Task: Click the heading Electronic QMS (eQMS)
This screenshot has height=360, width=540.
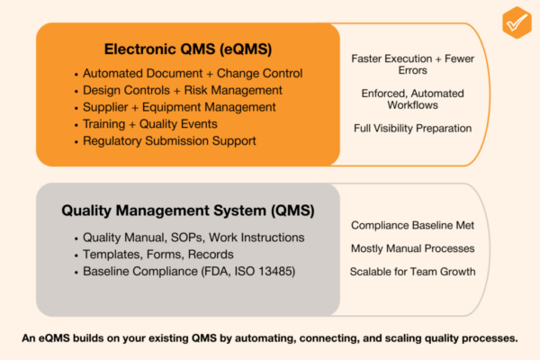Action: [x=187, y=49]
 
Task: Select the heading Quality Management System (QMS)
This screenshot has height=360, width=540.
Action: [x=187, y=211]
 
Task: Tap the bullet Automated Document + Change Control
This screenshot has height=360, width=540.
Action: [x=192, y=74]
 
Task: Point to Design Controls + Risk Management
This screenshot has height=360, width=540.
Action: [x=182, y=90]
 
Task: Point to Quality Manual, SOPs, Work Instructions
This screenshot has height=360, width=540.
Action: [x=193, y=238]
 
